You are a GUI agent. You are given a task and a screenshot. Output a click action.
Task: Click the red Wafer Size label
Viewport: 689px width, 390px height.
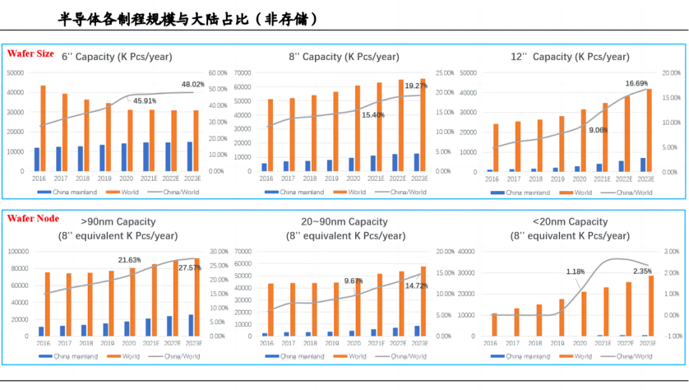tap(30, 53)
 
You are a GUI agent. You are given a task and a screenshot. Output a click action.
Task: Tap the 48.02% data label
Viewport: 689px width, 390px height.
tap(192, 84)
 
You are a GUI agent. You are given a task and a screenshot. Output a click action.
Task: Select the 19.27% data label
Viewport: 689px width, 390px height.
tap(415, 85)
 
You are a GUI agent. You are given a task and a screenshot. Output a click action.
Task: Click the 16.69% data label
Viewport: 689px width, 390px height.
tap(636, 83)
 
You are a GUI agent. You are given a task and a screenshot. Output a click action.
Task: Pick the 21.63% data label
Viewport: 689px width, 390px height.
tap(129, 260)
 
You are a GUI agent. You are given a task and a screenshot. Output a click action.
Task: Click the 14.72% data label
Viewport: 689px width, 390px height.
tap(416, 286)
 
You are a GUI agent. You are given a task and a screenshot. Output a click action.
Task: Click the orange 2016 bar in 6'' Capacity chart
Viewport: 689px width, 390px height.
tap(43, 128)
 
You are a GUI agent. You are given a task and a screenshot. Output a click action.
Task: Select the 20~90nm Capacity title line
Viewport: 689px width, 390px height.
tap(344, 221)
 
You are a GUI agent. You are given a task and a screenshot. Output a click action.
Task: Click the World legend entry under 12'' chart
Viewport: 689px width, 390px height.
tap(578, 193)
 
